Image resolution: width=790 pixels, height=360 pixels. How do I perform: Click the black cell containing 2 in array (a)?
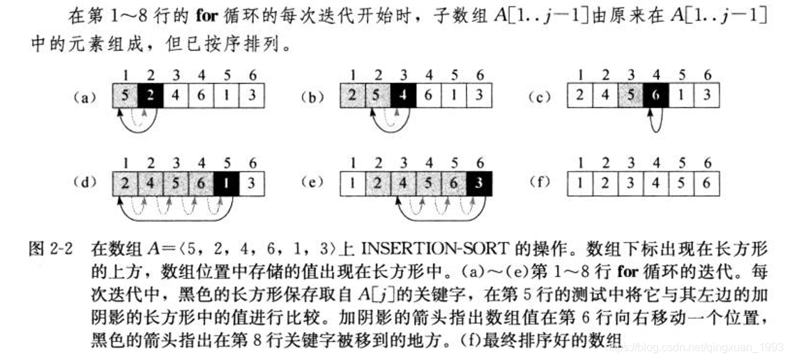(x=151, y=96)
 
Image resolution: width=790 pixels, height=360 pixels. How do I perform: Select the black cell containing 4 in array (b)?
(x=404, y=96)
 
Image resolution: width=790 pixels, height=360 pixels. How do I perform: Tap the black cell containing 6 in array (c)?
(x=656, y=96)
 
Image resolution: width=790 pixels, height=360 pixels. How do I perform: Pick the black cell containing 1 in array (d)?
(x=227, y=183)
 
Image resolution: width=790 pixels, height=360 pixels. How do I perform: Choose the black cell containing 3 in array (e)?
(x=479, y=183)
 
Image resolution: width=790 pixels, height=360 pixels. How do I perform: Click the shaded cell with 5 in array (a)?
(x=126, y=96)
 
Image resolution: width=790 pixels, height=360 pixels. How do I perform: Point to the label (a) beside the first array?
(x=84, y=98)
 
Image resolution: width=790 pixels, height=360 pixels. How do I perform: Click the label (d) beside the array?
(x=84, y=183)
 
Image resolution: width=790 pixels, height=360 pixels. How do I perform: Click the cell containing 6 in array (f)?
(x=707, y=183)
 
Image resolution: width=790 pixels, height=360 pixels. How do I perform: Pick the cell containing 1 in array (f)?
(x=580, y=183)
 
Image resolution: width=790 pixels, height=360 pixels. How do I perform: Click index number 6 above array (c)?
(x=707, y=75)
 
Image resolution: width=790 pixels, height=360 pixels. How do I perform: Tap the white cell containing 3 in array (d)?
(x=252, y=183)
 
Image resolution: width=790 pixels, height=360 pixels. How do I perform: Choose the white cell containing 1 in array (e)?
(x=353, y=183)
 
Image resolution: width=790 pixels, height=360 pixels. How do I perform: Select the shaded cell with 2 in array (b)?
(x=353, y=96)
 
